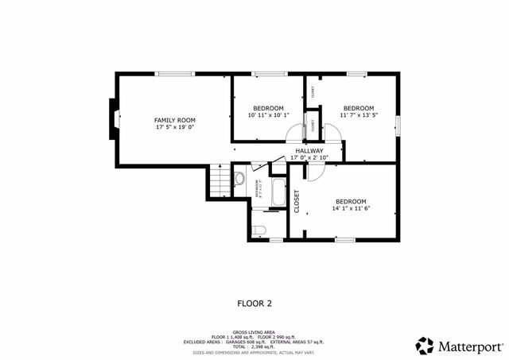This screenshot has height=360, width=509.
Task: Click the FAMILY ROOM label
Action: coord(174,119)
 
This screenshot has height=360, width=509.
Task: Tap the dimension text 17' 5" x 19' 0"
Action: coord(174,127)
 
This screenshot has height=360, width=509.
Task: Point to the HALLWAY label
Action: coord(309,150)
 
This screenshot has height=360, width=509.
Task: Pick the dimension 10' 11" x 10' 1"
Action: coord(269,116)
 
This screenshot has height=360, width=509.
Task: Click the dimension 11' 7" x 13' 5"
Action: coord(358,116)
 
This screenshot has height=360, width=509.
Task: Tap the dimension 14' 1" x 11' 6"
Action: coord(351,209)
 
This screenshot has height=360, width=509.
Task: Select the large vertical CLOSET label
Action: coord(297,202)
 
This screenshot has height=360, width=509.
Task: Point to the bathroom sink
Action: coord(239,179)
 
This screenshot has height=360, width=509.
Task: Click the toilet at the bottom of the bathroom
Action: coord(258,230)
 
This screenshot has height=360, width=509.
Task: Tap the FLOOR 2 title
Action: coord(254,303)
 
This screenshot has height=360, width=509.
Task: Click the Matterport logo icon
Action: coord(425,346)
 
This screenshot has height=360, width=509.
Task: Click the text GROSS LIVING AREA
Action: coord(254,331)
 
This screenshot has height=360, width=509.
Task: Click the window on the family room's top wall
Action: coord(175,74)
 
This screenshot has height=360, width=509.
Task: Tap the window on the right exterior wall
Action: coord(398,126)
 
